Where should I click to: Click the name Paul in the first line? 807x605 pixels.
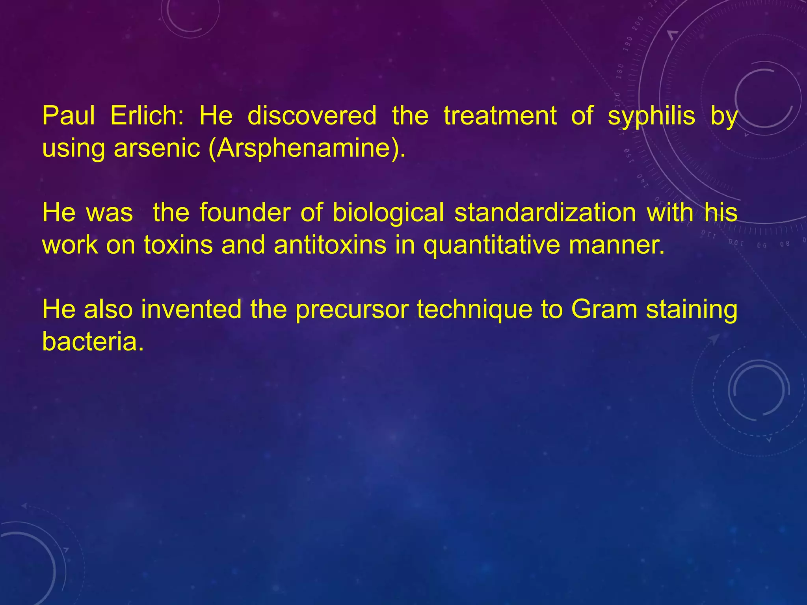tap(68, 116)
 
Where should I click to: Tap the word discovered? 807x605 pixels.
tap(312, 116)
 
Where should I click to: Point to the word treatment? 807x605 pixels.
tap(500, 116)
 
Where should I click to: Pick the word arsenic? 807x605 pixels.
tap(157, 148)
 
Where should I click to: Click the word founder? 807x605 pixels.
tap(245, 213)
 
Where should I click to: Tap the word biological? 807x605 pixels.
tap(388, 213)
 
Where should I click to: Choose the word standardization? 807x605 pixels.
tap(545, 213)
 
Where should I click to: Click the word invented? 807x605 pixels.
tap(191, 309)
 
